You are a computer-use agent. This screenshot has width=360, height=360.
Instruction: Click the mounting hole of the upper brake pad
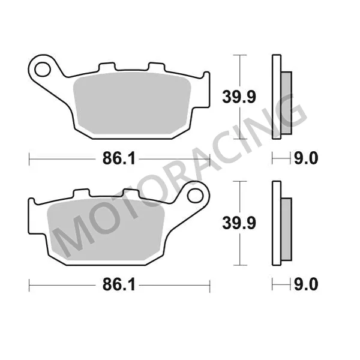(x=43, y=70)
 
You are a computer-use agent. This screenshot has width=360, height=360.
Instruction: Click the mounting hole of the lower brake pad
(x=195, y=196)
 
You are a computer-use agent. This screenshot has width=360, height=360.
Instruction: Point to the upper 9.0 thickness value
(x=305, y=158)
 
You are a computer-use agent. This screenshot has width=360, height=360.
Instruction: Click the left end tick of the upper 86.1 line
(x=29, y=158)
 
